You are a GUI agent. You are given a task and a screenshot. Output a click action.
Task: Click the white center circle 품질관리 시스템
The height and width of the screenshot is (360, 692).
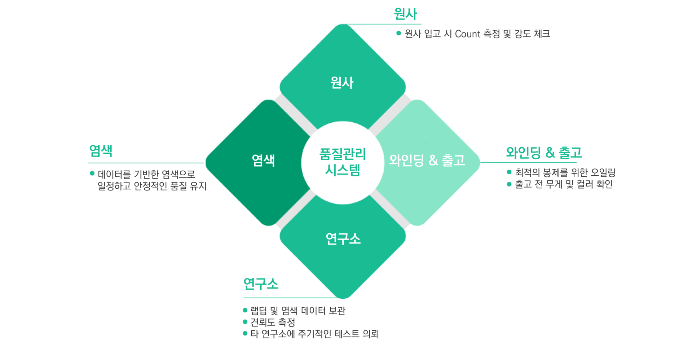click(x=343, y=162)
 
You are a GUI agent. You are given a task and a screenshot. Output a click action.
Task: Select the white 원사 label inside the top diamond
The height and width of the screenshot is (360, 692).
click(x=342, y=83)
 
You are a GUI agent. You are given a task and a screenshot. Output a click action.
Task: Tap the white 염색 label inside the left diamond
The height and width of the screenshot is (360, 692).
click(x=263, y=160)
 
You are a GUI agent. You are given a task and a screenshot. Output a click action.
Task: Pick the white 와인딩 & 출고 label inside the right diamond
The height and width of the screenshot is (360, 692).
click(x=427, y=160)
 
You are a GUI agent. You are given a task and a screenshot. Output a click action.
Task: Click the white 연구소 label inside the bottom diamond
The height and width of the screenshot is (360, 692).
click(x=343, y=238)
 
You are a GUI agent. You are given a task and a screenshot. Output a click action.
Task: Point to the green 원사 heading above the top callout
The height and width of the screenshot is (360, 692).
click(x=405, y=14)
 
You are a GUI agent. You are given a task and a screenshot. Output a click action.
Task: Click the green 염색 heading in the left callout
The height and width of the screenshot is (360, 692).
click(x=101, y=151)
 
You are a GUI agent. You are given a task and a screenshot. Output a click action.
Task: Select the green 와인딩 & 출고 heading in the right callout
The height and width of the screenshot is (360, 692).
click(x=544, y=153)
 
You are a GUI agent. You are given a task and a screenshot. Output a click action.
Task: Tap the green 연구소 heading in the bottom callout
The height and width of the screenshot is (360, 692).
click(x=261, y=284)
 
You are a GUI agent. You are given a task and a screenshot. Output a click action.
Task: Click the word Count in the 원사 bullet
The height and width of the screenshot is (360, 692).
click(x=468, y=34)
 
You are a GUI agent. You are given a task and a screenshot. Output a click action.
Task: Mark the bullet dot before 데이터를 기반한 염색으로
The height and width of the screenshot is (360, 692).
click(x=92, y=174)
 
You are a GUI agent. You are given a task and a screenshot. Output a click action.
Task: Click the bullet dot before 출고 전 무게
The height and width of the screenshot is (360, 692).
click(x=509, y=184)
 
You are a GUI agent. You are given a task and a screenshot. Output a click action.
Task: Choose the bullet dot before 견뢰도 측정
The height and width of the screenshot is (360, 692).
click(x=245, y=322)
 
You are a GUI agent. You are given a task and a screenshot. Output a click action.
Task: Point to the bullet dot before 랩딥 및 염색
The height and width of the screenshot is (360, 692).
click(x=245, y=310)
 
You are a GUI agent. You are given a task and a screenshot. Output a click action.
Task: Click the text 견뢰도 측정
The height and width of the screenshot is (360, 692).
click(x=273, y=322)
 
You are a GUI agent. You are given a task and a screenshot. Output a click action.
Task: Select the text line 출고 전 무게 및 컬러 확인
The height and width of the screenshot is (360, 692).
click(x=564, y=184)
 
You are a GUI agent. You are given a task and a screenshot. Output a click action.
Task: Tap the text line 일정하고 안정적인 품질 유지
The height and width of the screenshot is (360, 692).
click(x=152, y=186)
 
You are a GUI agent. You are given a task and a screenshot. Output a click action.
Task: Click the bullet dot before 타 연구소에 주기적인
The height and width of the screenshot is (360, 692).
click(x=245, y=334)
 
